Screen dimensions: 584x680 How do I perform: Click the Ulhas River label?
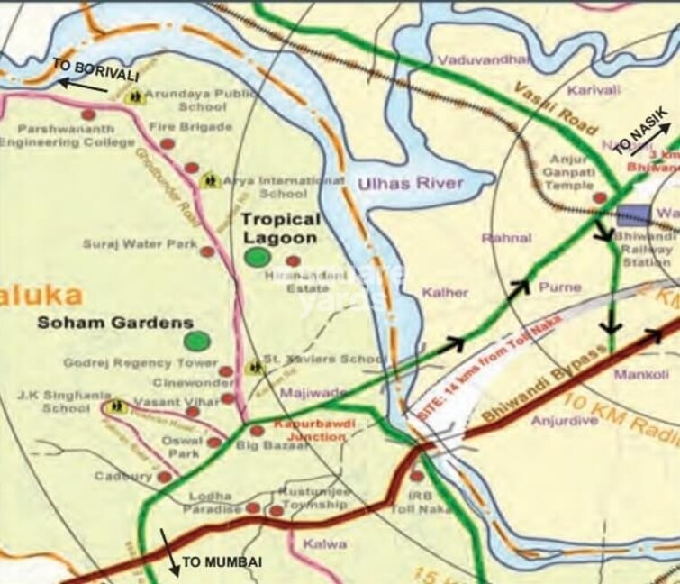[410, 183]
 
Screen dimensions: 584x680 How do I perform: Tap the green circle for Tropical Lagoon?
[258, 257]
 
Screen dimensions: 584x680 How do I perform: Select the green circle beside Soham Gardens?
[195, 341]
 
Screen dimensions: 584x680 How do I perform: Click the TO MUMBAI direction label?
[222, 562]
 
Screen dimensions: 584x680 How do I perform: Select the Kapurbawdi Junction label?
[308, 431]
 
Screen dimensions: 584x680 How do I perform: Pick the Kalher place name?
[445, 292]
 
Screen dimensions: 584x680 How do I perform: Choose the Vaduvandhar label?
[482, 59]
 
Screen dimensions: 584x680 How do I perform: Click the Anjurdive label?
[564, 420]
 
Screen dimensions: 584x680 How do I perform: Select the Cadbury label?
[123, 477]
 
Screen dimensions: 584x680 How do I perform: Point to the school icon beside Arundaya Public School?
[135, 94]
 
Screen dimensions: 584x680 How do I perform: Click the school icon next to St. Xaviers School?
[255, 367]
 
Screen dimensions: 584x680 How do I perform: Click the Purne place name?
[557, 287]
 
